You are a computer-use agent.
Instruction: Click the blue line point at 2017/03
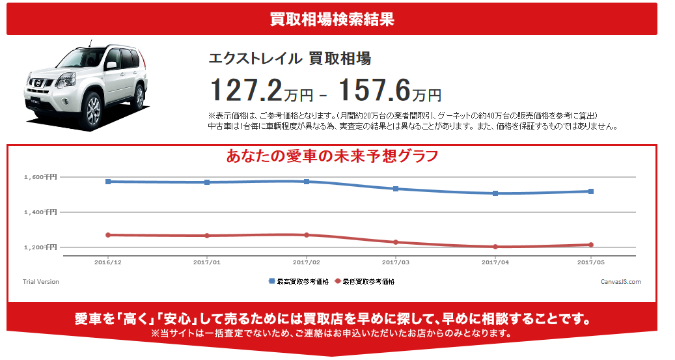point(395,189)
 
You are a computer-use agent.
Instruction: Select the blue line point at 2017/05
point(590,191)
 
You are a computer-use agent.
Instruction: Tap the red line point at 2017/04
point(495,247)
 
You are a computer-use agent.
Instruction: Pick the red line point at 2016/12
point(108,235)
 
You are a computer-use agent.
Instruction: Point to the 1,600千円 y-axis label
point(40,177)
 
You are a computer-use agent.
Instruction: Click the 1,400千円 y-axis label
point(40,212)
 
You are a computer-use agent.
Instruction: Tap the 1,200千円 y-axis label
point(40,247)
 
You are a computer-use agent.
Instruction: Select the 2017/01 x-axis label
point(207,262)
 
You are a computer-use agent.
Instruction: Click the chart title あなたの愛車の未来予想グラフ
point(332,157)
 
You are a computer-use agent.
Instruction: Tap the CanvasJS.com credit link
point(621,282)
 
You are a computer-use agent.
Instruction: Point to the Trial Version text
point(41,282)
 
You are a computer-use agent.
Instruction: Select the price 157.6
point(374,89)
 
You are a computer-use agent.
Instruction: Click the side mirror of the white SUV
point(111,65)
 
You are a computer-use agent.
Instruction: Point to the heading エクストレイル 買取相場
point(289,59)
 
